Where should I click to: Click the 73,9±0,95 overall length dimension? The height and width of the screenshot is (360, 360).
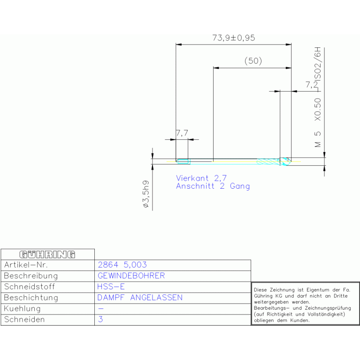(233, 38)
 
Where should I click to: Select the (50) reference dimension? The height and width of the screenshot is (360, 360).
(253, 61)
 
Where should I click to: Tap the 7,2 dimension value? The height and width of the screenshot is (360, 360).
(312, 84)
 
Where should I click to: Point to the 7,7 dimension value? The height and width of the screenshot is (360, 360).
(182, 133)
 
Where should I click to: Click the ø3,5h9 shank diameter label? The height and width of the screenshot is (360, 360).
(146, 194)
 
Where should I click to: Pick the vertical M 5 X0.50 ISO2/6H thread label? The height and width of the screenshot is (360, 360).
(318, 97)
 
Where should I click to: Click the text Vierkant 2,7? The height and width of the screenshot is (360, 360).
(201, 178)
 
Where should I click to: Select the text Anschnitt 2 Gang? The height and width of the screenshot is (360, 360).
(213, 186)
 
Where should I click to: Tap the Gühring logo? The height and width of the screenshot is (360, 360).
(47, 254)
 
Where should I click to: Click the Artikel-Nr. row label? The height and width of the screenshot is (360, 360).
(26, 265)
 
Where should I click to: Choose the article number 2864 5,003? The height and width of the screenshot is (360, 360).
(123, 265)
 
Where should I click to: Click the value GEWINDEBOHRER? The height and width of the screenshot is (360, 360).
(131, 276)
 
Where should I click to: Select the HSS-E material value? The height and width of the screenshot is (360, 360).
(111, 287)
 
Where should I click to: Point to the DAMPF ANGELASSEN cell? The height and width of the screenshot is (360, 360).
(140, 298)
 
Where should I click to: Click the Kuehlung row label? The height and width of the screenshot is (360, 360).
(22, 308)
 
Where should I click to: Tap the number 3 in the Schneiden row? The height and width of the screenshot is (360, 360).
(100, 319)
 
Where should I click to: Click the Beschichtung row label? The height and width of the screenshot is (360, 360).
(31, 298)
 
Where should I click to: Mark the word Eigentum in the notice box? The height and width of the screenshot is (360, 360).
(316, 290)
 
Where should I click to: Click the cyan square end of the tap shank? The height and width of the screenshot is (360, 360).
(183, 161)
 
